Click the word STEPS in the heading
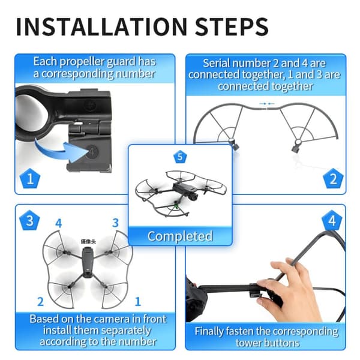coord(232,26)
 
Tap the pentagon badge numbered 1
coord(30,178)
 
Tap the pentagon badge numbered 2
coord(333,178)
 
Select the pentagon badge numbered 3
coord(29,220)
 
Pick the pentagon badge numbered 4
coord(332,220)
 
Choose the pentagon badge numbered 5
coord(180,157)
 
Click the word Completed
coord(180,236)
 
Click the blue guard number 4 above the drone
coord(59,223)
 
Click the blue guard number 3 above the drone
coord(115,223)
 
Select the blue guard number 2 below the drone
coord(40,301)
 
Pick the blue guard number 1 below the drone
coord(138,301)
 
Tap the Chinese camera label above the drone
coord(88,242)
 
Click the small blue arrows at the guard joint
coord(267,104)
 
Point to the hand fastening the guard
coord(292,292)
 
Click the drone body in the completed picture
coord(184,189)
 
